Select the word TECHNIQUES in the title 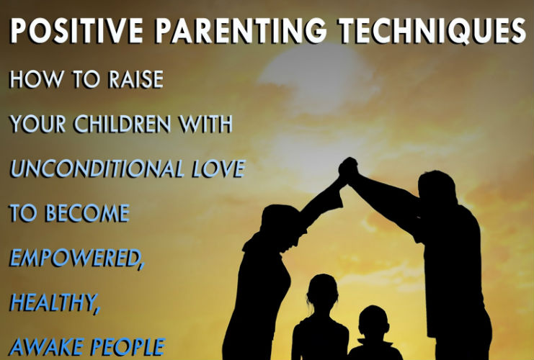(432, 30)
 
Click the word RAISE (136, 79)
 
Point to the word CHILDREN (123, 124)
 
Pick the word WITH (206, 124)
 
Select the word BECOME (87, 213)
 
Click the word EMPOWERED (76, 258)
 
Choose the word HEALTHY (54, 302)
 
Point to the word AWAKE (45, 347)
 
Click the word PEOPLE (128, 347)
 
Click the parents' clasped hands (348, 169)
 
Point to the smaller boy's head (373, 323)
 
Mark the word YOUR (37, 124)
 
